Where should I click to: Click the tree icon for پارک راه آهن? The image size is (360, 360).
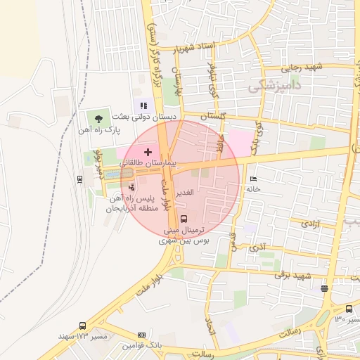[x=98, y=118]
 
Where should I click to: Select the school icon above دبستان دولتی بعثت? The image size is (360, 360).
[x=145, y=105]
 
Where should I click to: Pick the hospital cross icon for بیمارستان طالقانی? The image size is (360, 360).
[x=148, y=152]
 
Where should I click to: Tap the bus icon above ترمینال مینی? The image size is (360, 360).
[x=184, y=219]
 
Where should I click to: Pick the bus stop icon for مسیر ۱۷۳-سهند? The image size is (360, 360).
[x=83, y=326]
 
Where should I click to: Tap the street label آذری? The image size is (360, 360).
[x=258, y=248]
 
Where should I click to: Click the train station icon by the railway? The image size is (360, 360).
[x=79, y=178]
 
